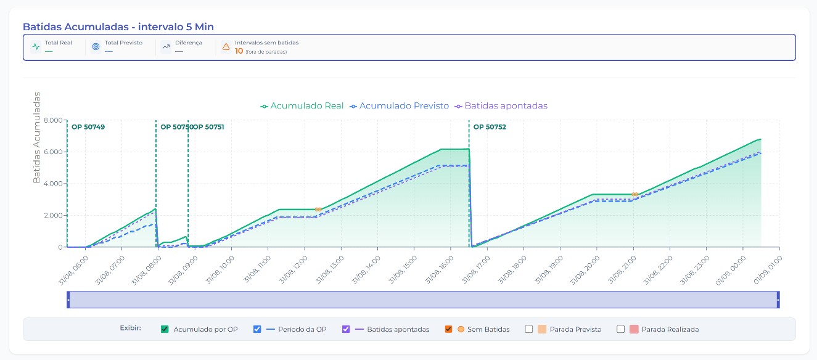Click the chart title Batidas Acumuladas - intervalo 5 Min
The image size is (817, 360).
click(x=118, y=27)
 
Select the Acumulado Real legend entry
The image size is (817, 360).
click(x=302, y=106)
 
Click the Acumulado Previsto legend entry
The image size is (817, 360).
click(x=399, y=106)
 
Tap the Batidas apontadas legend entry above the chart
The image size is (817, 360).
click(x=501, y=106)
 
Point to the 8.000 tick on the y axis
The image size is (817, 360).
click(x=53, y=120)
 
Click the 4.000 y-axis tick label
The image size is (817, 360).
click(x=53, y=184)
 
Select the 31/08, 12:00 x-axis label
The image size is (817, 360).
click(x=294, y=270)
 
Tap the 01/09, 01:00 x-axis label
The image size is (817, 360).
click(x=768, y=270)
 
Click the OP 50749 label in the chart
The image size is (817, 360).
click(x=88, y=127)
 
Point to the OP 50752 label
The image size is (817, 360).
click(x=490, y=127)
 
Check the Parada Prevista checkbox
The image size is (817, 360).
click(x=529, y=329)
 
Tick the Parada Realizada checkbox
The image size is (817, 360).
click(x=620, y=329)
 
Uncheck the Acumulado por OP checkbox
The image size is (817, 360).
click(x=165, y=329)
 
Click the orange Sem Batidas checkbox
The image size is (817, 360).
click(x=449, y=329)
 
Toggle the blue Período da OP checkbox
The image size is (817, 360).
click(x=257, y=329)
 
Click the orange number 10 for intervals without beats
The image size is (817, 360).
click(x=239, y=51)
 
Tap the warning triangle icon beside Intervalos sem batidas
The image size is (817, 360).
click(x=226, y=47)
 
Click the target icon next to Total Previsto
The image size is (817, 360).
click(x=96, y=47)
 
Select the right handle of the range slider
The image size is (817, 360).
click(x=778, y=300)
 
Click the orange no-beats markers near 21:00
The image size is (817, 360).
click(x=634, y=194)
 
